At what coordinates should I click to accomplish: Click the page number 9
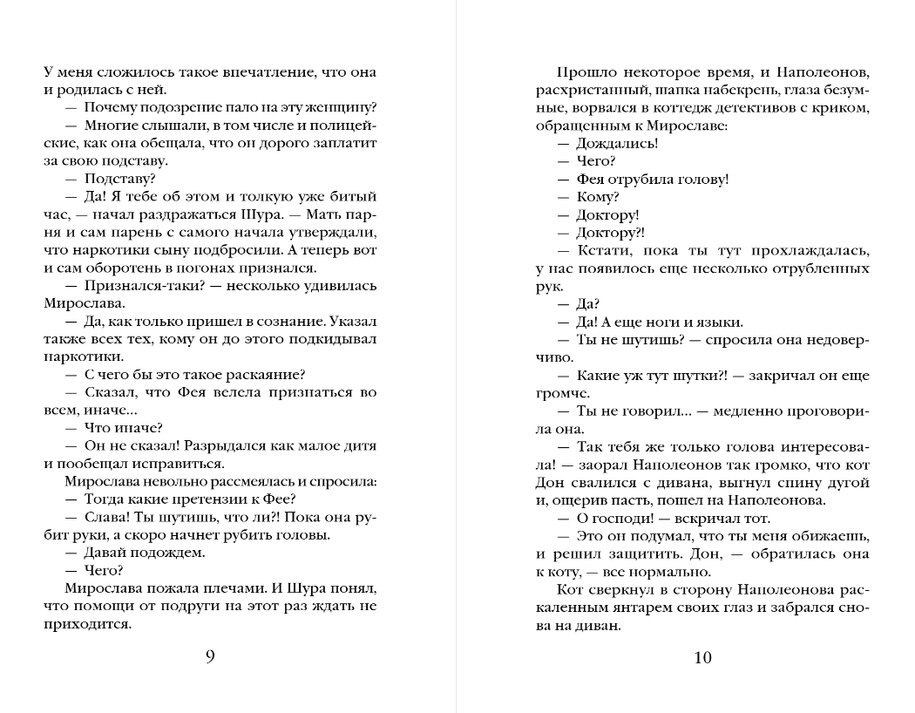(x=210, y=657)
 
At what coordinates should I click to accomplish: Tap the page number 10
(x=703, y=657)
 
